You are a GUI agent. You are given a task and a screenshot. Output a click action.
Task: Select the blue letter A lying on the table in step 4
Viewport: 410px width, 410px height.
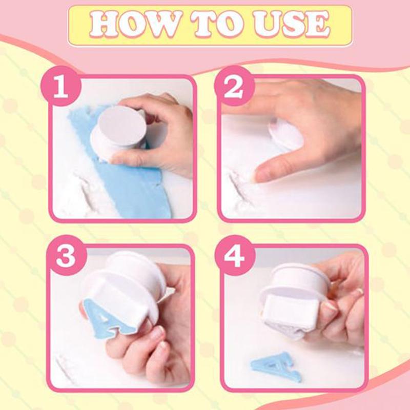pyautogui.click(x=276, y=367)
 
